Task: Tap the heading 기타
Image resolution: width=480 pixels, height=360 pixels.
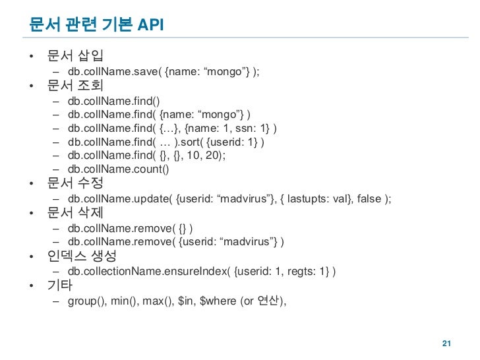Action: pos(60,287)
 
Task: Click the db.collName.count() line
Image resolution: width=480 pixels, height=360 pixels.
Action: pos(118,169)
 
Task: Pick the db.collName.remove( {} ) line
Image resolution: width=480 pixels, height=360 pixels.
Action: pos(130,229)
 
